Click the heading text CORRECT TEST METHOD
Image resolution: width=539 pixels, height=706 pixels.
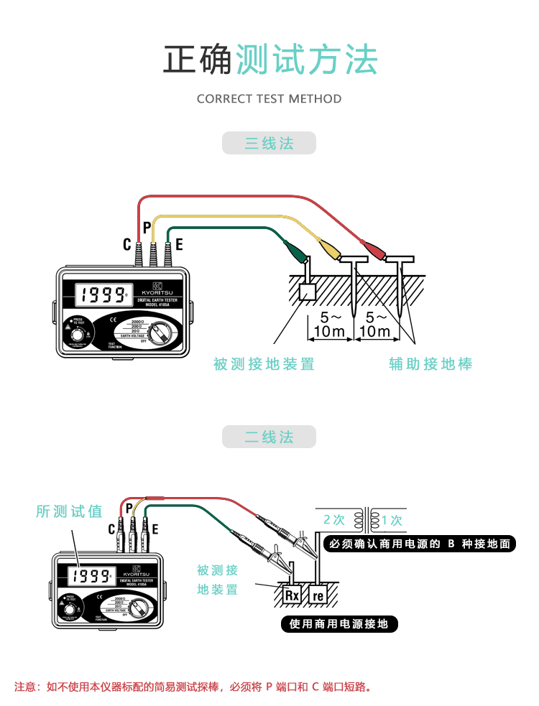click(269, 99)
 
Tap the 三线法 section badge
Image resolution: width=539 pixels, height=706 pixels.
click(269, 144)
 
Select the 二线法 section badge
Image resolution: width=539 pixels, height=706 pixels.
click(269, 437)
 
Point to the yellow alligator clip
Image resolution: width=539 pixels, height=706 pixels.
click(329, 249)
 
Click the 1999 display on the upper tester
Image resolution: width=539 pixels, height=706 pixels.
click(101, 294)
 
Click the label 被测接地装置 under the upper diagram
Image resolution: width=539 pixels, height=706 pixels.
click(264, 364)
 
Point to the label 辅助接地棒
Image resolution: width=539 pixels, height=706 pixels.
click(431, 364)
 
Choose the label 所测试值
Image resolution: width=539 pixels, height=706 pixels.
click(70, 511)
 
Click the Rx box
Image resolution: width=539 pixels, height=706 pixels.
click(292, 595)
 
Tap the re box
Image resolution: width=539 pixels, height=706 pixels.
click(318, 595)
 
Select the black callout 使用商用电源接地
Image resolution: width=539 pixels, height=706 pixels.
click(338, 624)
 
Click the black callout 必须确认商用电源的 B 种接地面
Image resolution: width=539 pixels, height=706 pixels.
click(419, 544)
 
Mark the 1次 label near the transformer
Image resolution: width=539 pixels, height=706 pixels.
click(392, 519)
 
